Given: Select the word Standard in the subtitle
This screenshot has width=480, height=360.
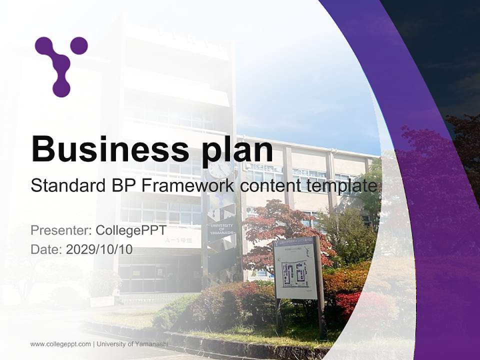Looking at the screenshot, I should coord(65,186).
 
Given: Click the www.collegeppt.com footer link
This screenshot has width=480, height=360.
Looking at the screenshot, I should coord(60,344).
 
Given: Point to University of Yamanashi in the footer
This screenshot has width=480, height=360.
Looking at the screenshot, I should coord(132,344).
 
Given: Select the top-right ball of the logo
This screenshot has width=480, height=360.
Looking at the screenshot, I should coord(78,45).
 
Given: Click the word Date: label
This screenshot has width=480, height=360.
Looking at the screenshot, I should coord(46,249).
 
